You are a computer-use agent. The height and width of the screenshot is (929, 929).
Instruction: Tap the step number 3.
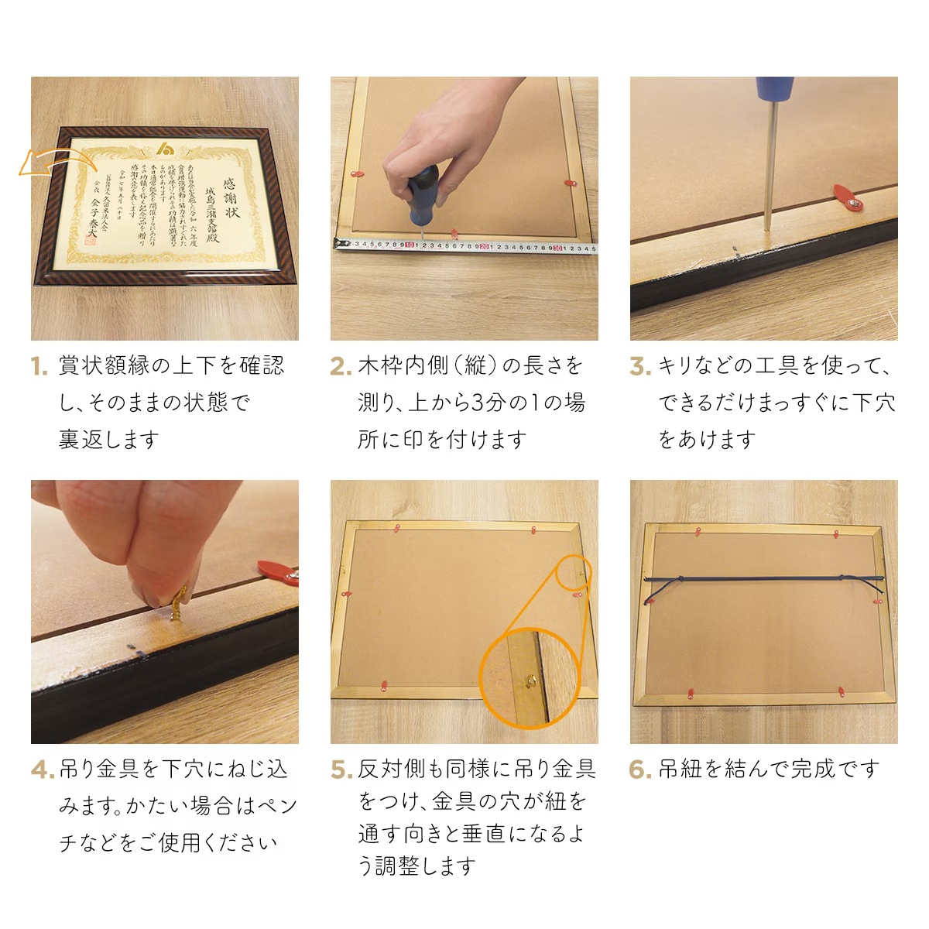[x=639, y=366]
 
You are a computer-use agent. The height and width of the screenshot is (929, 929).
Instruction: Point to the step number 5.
[x=341, y=770]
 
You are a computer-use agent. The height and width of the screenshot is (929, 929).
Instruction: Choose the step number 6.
[x=640, y=770]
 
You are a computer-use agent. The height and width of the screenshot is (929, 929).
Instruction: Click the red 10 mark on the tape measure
[x=409, y=247]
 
